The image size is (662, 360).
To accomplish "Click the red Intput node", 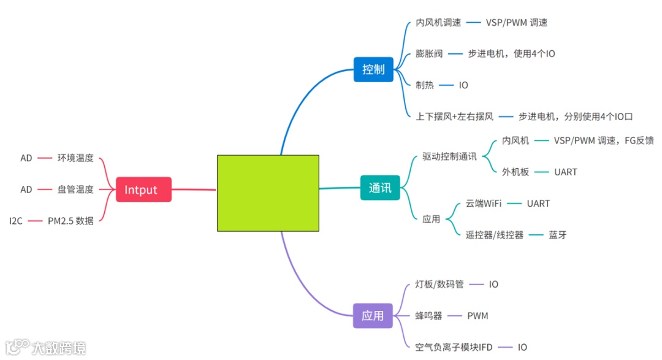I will pos(143,190).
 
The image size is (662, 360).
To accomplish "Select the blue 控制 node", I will pos(373,69).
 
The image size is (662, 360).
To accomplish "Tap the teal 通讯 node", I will pos(380,188).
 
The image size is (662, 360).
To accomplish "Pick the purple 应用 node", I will pos(373,316).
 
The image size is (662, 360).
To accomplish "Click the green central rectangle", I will pos(268,193).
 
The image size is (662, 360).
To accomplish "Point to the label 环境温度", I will pos(75,158).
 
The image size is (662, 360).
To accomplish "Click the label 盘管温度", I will pos(75,190).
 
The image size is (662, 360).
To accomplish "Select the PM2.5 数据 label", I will pos(70,221).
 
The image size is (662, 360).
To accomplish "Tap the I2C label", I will pos(16,221).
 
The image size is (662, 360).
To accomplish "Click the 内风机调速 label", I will pos(438,23).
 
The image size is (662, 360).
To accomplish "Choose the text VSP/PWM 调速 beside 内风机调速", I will pos(516,23).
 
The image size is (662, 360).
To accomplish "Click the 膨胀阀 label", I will pos(429,54).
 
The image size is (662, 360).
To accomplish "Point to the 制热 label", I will pos(425,85).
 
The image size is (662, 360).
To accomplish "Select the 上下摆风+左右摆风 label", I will pos(454,117).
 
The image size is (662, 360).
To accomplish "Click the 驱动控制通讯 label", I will pos(449,156).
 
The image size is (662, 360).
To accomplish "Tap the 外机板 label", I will pos(516,172).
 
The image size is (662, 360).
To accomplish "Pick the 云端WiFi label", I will pos(484,204).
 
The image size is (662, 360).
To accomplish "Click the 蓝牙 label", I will pos(558,235).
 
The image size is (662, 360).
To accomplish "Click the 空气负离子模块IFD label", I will pos(454,347).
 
